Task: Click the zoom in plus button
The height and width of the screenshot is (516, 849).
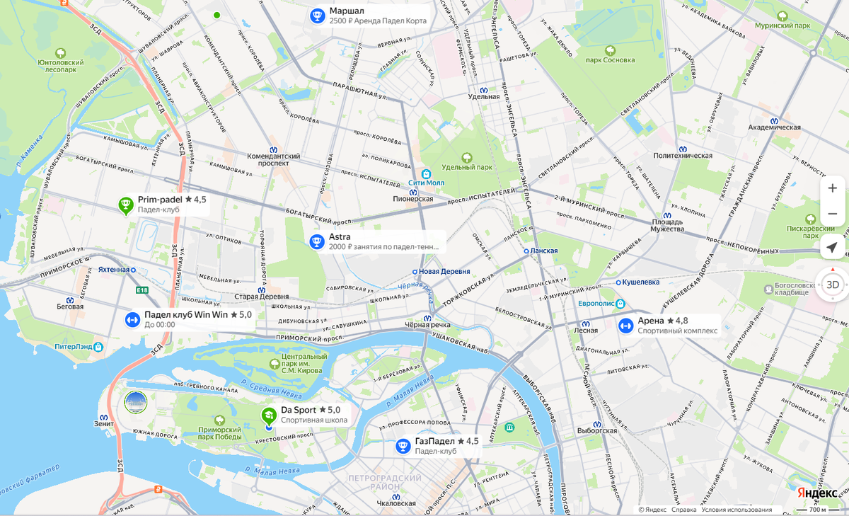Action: coord(832,188)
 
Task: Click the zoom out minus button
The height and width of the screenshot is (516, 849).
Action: coord(832,214)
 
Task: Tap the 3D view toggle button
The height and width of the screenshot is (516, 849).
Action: coord(833,285)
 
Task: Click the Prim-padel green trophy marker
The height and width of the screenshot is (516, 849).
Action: coord(126,205)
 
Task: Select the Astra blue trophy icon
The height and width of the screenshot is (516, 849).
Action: coord(317,242)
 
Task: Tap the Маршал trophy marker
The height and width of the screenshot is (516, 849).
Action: coord(318,16)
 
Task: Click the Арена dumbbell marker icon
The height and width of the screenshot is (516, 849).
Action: coord(625,326)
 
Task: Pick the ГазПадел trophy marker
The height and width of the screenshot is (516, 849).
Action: coord(403,446)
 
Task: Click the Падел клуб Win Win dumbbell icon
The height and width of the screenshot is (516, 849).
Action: coord(132,319)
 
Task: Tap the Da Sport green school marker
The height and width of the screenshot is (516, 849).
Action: coord(269,415)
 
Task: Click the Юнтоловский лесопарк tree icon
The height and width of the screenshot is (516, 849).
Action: coord(61,53)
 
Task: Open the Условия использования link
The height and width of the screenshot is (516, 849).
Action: coord(737,510)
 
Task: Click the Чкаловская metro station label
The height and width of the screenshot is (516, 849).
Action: coord(395,504)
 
